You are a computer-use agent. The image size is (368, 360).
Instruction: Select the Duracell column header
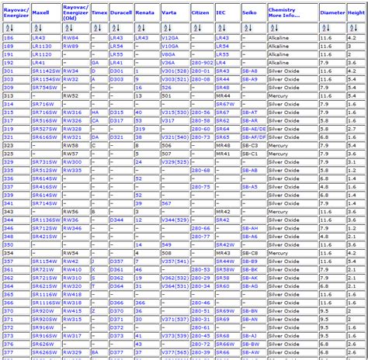click(120, 12)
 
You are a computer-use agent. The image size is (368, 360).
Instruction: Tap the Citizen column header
click(200, 12)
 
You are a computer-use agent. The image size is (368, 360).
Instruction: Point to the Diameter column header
click(332, 12)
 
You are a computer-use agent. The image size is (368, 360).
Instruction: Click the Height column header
click(356, 12)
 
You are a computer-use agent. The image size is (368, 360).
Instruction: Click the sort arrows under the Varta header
click(165, 27)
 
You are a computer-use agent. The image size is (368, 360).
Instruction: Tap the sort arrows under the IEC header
click(219, 27)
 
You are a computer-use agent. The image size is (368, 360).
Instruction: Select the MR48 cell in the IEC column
click(224, 144)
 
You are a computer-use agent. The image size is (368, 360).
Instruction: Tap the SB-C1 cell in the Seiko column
click(249, 153)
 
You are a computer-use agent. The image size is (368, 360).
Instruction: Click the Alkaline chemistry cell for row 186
click(279, 37)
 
